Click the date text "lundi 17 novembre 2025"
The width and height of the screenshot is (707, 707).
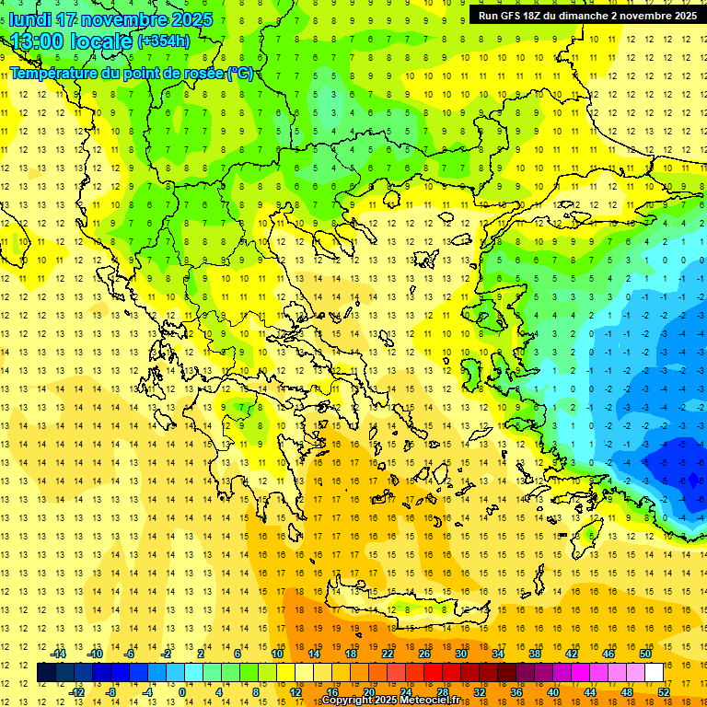coord(110,19)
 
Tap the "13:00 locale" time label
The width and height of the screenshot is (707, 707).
coord(72,41)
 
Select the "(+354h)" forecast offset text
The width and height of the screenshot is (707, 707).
coord(164,41)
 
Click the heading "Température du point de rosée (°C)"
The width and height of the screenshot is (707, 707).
coord(132,73)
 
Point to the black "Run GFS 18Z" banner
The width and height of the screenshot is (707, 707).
coord(587,16)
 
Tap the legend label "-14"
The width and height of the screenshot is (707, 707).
coord(58,654)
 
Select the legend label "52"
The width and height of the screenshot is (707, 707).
coord(663,691)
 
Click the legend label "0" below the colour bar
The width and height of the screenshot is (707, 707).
coord(182,691)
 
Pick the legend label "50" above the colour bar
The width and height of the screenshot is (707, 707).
coord(644,654)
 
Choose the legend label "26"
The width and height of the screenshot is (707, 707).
coord(424,654)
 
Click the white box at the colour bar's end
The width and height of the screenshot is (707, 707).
coord(654,673)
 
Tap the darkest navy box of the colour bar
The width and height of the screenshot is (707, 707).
coord(46,673)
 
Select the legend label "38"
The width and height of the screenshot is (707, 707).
coord(534,654)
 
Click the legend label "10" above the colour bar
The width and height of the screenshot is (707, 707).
coord(277,654)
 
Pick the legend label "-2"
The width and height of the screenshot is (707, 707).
coord(166,654)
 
